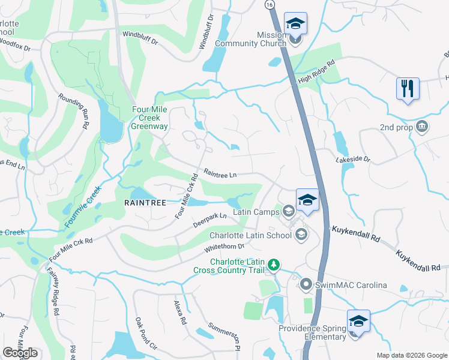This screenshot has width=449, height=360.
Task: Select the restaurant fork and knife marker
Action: [408, 88]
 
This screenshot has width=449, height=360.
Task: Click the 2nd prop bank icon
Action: [422, 127]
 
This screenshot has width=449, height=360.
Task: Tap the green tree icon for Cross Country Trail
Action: [274, 265]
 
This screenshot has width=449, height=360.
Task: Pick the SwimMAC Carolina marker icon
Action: [306, 284]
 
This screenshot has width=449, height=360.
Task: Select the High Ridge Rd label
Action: [316, 71]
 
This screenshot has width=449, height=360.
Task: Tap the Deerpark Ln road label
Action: [209, 220]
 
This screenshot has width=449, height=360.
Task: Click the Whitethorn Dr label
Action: [224, 247]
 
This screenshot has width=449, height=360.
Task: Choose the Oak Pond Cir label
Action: [145, 334]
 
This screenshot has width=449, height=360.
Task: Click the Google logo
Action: [20, 353]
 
